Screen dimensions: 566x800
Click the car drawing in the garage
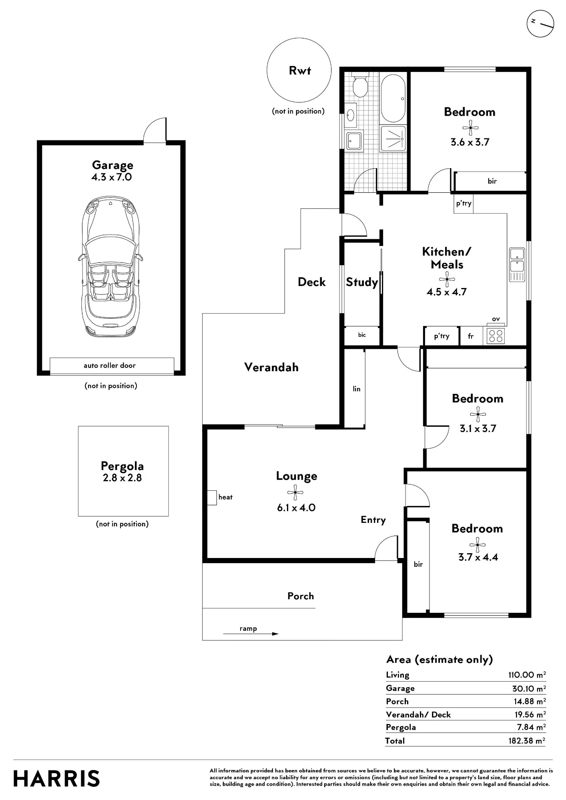(x=110, y=266)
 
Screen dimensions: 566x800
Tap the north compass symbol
(x=540, y=24)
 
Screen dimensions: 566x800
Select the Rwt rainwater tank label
(x=300, y=70)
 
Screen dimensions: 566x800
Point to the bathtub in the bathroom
(x=393, y=98)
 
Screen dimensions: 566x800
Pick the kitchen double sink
(x=517, y=265)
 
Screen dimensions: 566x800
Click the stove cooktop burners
(x=496, y=336)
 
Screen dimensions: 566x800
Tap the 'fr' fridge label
(x=471, y=336)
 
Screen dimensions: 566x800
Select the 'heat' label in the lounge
(x=225, y=497)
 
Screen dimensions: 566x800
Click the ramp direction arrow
(x=251, y=634)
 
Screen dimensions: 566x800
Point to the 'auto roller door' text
(x=110, y=365)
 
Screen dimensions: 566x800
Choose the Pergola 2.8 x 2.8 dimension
(x=122, y=478)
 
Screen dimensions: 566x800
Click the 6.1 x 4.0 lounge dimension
(x=296, y=508)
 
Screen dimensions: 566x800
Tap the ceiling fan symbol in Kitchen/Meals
(x=447, y=279)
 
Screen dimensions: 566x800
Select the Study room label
(x=362, y=282)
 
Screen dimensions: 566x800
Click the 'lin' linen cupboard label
(x=357, y=388)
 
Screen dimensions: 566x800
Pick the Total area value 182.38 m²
(x=527, y=740)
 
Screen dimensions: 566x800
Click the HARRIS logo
(x=56, y=778)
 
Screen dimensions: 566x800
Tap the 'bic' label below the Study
(x=362, y=335)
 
